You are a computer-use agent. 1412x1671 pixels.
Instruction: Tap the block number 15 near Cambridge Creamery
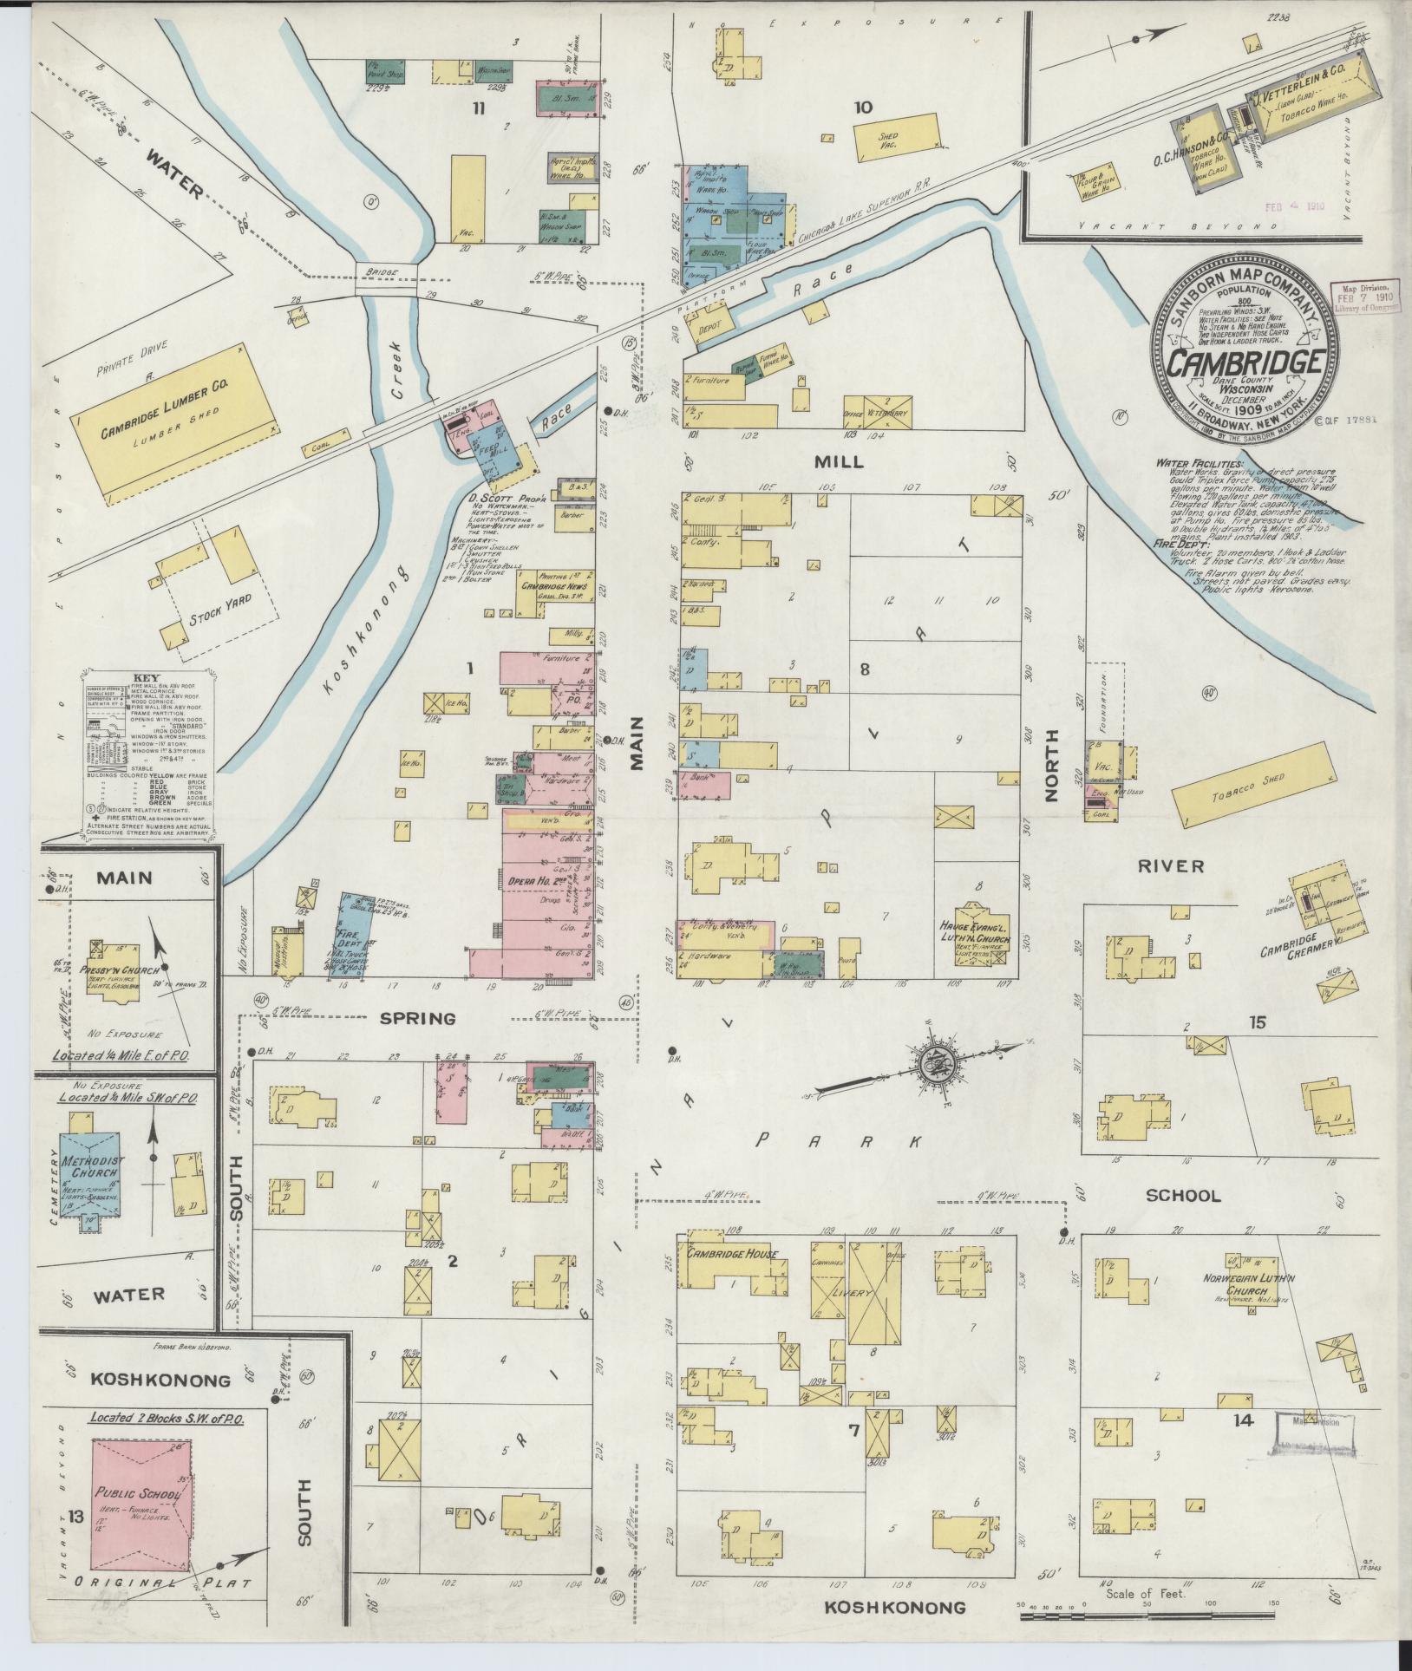(x=1257, y=1023)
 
